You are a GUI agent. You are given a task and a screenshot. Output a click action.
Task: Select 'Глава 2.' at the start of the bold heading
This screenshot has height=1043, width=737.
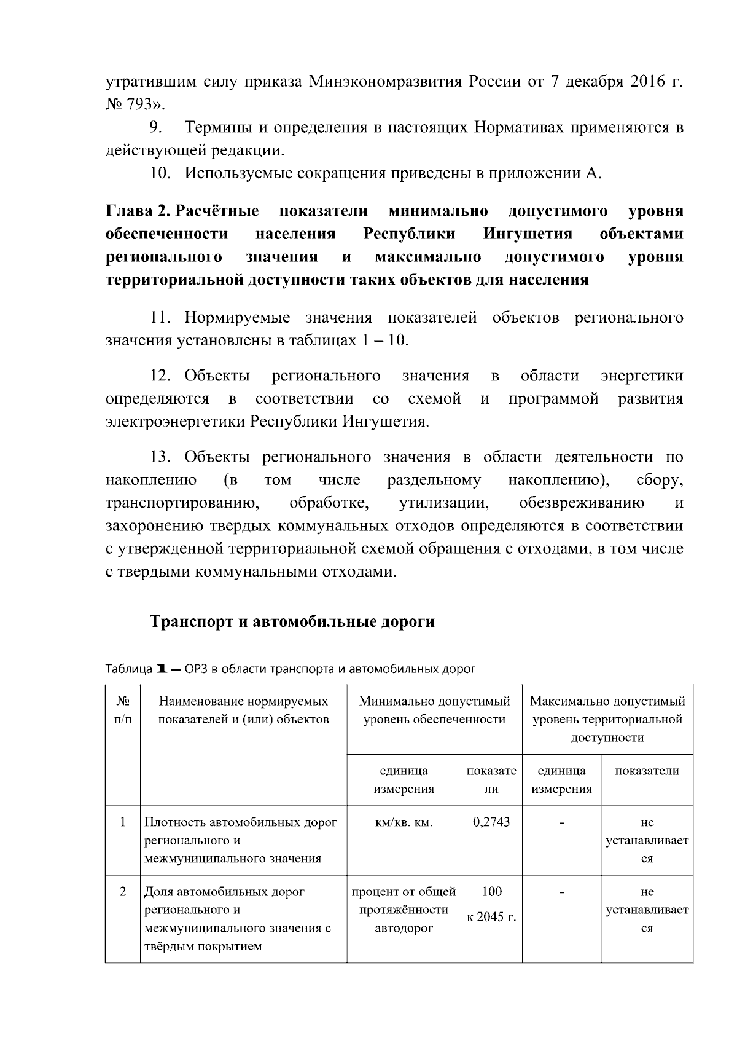138,211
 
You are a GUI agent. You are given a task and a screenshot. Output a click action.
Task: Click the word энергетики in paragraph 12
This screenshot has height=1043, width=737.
641,376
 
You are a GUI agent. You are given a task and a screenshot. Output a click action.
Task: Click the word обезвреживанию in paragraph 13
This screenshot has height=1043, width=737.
581,503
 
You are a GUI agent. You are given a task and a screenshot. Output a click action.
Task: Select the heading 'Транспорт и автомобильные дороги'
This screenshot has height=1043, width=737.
292,621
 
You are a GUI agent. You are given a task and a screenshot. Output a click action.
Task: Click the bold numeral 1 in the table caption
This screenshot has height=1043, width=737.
162,669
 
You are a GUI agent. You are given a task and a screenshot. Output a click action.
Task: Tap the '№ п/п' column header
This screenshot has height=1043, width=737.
122,710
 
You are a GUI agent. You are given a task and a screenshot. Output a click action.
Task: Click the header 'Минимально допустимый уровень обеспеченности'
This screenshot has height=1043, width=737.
434,710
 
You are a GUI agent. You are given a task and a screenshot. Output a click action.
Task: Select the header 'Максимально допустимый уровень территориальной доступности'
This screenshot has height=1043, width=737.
607,719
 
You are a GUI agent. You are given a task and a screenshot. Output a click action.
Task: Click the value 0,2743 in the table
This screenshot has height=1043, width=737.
491,822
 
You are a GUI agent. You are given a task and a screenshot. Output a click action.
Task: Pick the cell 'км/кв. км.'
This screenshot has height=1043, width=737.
404,822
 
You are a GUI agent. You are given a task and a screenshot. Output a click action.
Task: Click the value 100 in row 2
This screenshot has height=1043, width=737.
491,891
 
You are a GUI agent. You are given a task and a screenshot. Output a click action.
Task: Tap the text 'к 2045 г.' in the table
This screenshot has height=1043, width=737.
491,917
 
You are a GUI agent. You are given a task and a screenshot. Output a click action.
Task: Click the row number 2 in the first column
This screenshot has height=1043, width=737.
122,891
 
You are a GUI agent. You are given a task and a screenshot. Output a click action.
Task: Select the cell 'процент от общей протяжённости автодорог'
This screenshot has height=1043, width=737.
404,910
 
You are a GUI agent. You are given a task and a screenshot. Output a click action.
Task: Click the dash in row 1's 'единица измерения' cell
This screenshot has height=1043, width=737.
561,822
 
